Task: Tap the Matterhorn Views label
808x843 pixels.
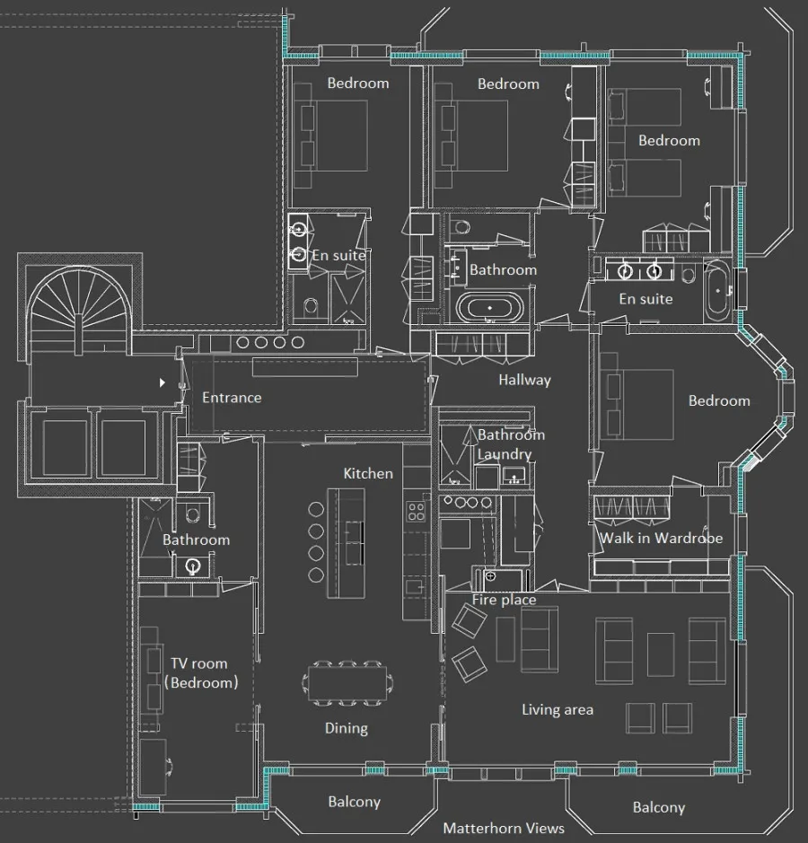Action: [504, 828]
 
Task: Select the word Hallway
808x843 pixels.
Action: [524, 380]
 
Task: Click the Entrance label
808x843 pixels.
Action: [232, 398]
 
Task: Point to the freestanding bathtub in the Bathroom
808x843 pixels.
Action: [490, 308]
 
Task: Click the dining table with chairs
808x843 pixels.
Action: [347, 683]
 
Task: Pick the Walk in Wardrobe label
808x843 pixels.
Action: [662, 538]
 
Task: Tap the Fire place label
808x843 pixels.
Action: [505, 600]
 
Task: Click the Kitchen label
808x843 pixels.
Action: [368, 473]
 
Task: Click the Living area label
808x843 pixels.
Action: [558, 709]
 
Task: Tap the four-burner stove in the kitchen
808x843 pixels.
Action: [416, 512]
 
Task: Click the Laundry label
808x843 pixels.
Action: [505, 454]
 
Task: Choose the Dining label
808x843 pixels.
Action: [347, 728]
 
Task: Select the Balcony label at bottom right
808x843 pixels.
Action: [659, 807]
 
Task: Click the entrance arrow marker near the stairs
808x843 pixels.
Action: [162, 382]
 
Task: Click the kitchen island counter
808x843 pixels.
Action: [347, 543]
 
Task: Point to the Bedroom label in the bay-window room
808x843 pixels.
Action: [719, 400]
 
